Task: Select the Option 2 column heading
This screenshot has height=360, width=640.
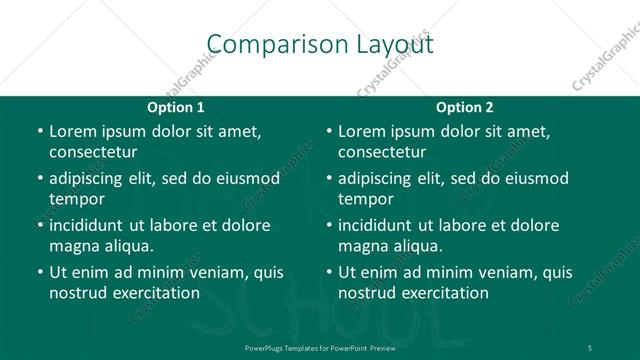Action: [465, 108]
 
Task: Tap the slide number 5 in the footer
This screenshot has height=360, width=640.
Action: [590, 347]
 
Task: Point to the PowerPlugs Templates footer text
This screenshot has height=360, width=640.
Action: [319, 347]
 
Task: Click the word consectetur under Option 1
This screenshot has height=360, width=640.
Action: [93, 152]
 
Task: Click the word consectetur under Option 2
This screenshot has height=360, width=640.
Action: [382, 152]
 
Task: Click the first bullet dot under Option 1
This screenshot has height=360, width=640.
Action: [39, 132]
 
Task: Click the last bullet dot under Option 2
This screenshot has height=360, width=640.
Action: [328, 273]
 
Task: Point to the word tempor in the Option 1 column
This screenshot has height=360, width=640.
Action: [75, 199]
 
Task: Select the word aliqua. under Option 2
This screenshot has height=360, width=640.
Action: [418, 246]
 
